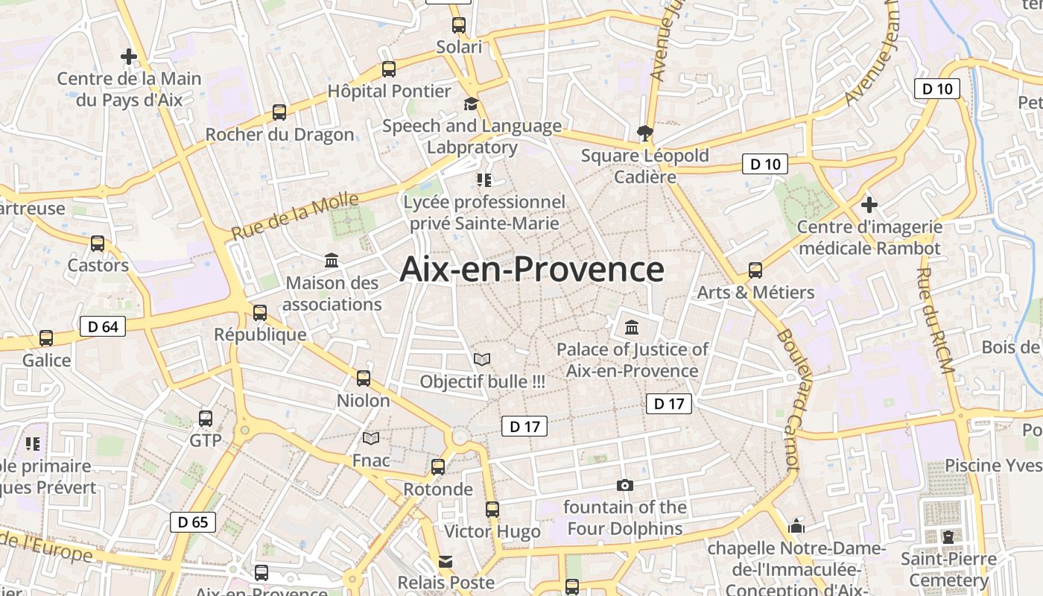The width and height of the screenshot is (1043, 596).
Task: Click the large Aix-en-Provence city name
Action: click(x=531, y=269)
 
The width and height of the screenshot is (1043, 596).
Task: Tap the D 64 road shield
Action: click(x=103, y=326)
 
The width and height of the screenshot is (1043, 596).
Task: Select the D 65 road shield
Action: click(x=193, y=522)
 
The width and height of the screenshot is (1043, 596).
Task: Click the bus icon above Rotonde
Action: click(x=438, y=467)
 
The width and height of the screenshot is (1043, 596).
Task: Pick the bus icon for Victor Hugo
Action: click(x=492, y=510)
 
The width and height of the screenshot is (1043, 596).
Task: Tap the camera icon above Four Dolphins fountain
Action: click(x=625, y=485)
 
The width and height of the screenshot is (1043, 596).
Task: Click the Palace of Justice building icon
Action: click(x=632, y=327)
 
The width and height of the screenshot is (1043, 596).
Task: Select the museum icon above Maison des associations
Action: click(x=332, y=261)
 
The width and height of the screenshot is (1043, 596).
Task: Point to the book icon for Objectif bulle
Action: click(x=482, y=359)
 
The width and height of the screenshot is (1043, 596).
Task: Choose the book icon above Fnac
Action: click(x=371, y=438)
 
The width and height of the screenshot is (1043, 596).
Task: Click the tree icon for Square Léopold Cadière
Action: click(x=645, y=133)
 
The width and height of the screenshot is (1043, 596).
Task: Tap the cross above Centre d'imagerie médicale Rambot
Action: click(x=869, y=204)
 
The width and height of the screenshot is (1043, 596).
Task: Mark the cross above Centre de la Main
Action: click(x=129, y=56)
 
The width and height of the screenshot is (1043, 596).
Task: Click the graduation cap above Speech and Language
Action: click(x=471, y=104)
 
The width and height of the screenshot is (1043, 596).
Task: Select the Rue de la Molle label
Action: click(x=295, y=216)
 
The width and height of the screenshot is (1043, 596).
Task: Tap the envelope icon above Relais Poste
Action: click(x=446, y=561)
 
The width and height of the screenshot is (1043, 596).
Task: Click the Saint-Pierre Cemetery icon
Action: click(x=948, y=536)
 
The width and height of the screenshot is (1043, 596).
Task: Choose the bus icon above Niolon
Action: click(x=364, y=378)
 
